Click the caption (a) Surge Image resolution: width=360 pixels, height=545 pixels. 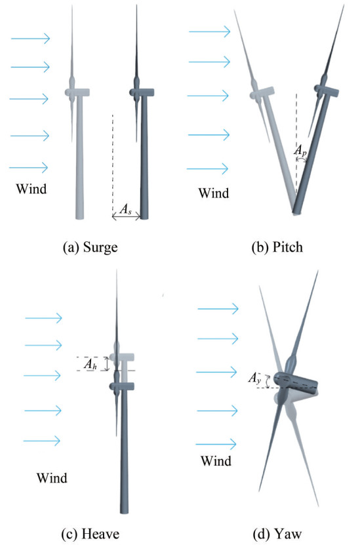click(x=90, y=247)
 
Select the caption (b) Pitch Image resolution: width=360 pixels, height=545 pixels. click(x=277, y=247)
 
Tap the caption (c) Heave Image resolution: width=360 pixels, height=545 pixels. click(x=90, y=534)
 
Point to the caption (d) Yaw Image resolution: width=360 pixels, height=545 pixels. click(x=277, y=534)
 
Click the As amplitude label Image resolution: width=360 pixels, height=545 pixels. click(x=125, y=209)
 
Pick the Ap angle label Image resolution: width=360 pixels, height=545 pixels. click(x=300, y=150)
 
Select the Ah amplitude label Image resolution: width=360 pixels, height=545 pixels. click(x=90, y=364)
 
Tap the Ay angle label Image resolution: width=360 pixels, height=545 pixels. click(x=254, y=378)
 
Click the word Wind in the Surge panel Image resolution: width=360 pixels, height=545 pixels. click(x=31, y=189)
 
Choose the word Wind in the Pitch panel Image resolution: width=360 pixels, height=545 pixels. click(x=214, y=193)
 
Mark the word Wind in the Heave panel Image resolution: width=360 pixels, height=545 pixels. click(x=52, y=477)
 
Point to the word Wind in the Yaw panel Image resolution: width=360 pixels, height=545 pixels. click(x=216, y=461)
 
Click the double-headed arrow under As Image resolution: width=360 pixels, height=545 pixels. click(x=126, y=217)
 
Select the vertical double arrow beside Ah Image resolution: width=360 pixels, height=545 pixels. click(x=108, y=363)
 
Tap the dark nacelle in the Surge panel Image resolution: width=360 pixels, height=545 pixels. click(x=142, y=92)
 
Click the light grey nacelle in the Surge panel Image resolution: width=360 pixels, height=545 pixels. click(x=78, y=92)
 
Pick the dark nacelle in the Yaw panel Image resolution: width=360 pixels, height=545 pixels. click(x=295, y=383)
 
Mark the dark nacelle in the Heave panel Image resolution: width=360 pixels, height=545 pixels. click(x=122, y=386)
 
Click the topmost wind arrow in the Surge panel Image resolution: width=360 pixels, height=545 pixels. click(x=31, y=38)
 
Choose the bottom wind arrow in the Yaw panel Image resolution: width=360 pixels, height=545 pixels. click(x=216, y=444)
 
